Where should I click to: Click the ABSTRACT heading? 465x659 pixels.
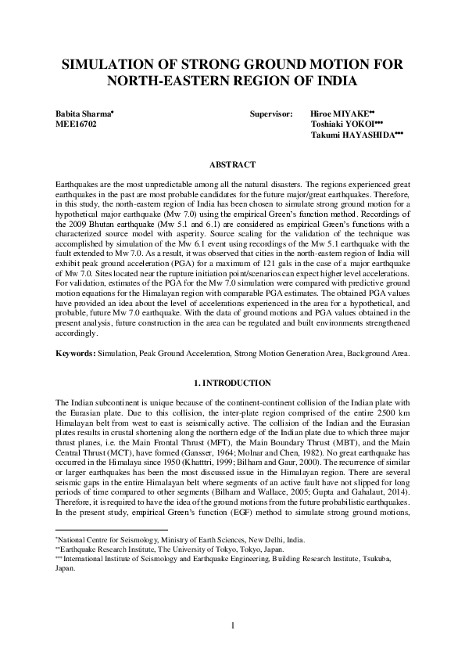[x=232, y=164]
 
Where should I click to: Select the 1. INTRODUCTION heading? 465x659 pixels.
[x=232, y=384]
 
